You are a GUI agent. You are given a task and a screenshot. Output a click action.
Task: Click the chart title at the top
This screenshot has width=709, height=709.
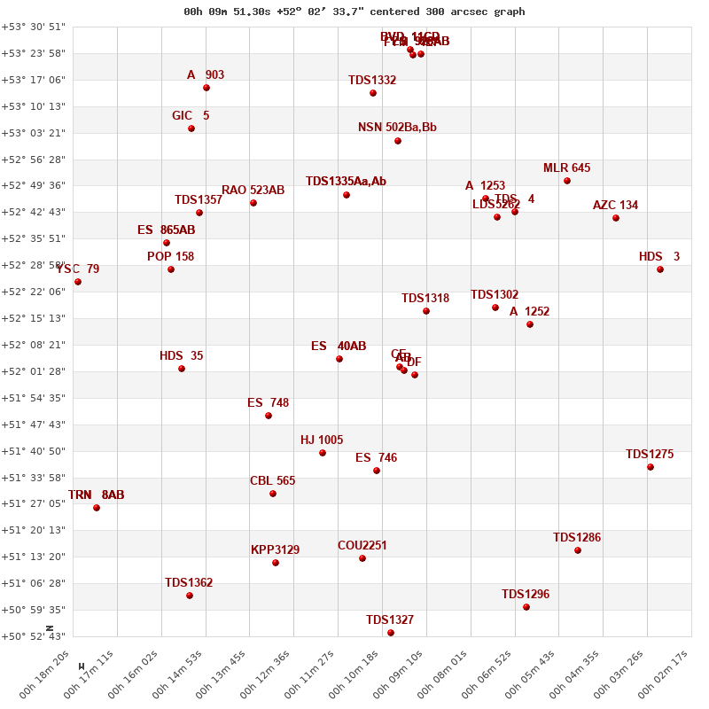(x=354, y=12)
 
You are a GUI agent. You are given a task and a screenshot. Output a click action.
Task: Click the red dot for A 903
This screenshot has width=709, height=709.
(x=206, y=88)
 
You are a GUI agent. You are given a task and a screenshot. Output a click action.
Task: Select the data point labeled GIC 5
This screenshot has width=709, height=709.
(x=191, y=129)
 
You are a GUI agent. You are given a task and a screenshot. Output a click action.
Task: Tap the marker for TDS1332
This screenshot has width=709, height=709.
(x=373, y=93)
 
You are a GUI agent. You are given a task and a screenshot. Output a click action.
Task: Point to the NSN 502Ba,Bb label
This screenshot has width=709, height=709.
(x=397, y=128)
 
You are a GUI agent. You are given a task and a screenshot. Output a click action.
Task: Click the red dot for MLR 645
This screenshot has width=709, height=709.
(x=567, y=181)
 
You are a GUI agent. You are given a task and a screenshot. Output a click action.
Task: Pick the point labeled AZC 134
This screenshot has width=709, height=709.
(x=616, y=218)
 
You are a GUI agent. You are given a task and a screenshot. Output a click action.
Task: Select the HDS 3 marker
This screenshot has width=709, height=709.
(x=660, y=269)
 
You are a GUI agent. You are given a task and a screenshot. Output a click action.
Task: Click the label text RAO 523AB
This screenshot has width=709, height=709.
(x=253, y=191)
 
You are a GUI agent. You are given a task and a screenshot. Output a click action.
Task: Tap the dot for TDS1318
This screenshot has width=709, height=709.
(x=426, y=311)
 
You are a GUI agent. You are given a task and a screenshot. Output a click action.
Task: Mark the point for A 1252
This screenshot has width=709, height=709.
(x=530, y=324)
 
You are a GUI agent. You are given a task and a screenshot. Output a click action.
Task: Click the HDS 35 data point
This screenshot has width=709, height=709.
(x=182, y=369)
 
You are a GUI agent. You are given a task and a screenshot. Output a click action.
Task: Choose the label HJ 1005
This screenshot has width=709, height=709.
(x=322, y=440)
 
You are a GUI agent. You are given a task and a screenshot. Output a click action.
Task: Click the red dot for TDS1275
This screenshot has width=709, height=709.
(x=651, y=467)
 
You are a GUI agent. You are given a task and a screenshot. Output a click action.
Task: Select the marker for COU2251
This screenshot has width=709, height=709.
(x=362, y=558)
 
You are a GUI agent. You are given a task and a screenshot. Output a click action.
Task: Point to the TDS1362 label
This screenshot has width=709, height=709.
(x=189, y=583)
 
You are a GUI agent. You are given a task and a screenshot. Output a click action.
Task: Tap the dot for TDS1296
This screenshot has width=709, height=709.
(x=526, y=607)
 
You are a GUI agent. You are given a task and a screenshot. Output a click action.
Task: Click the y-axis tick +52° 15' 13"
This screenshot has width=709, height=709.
(x=33, y=318)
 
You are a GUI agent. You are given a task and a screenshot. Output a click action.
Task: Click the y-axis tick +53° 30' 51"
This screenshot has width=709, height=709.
(x=33, y=27)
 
